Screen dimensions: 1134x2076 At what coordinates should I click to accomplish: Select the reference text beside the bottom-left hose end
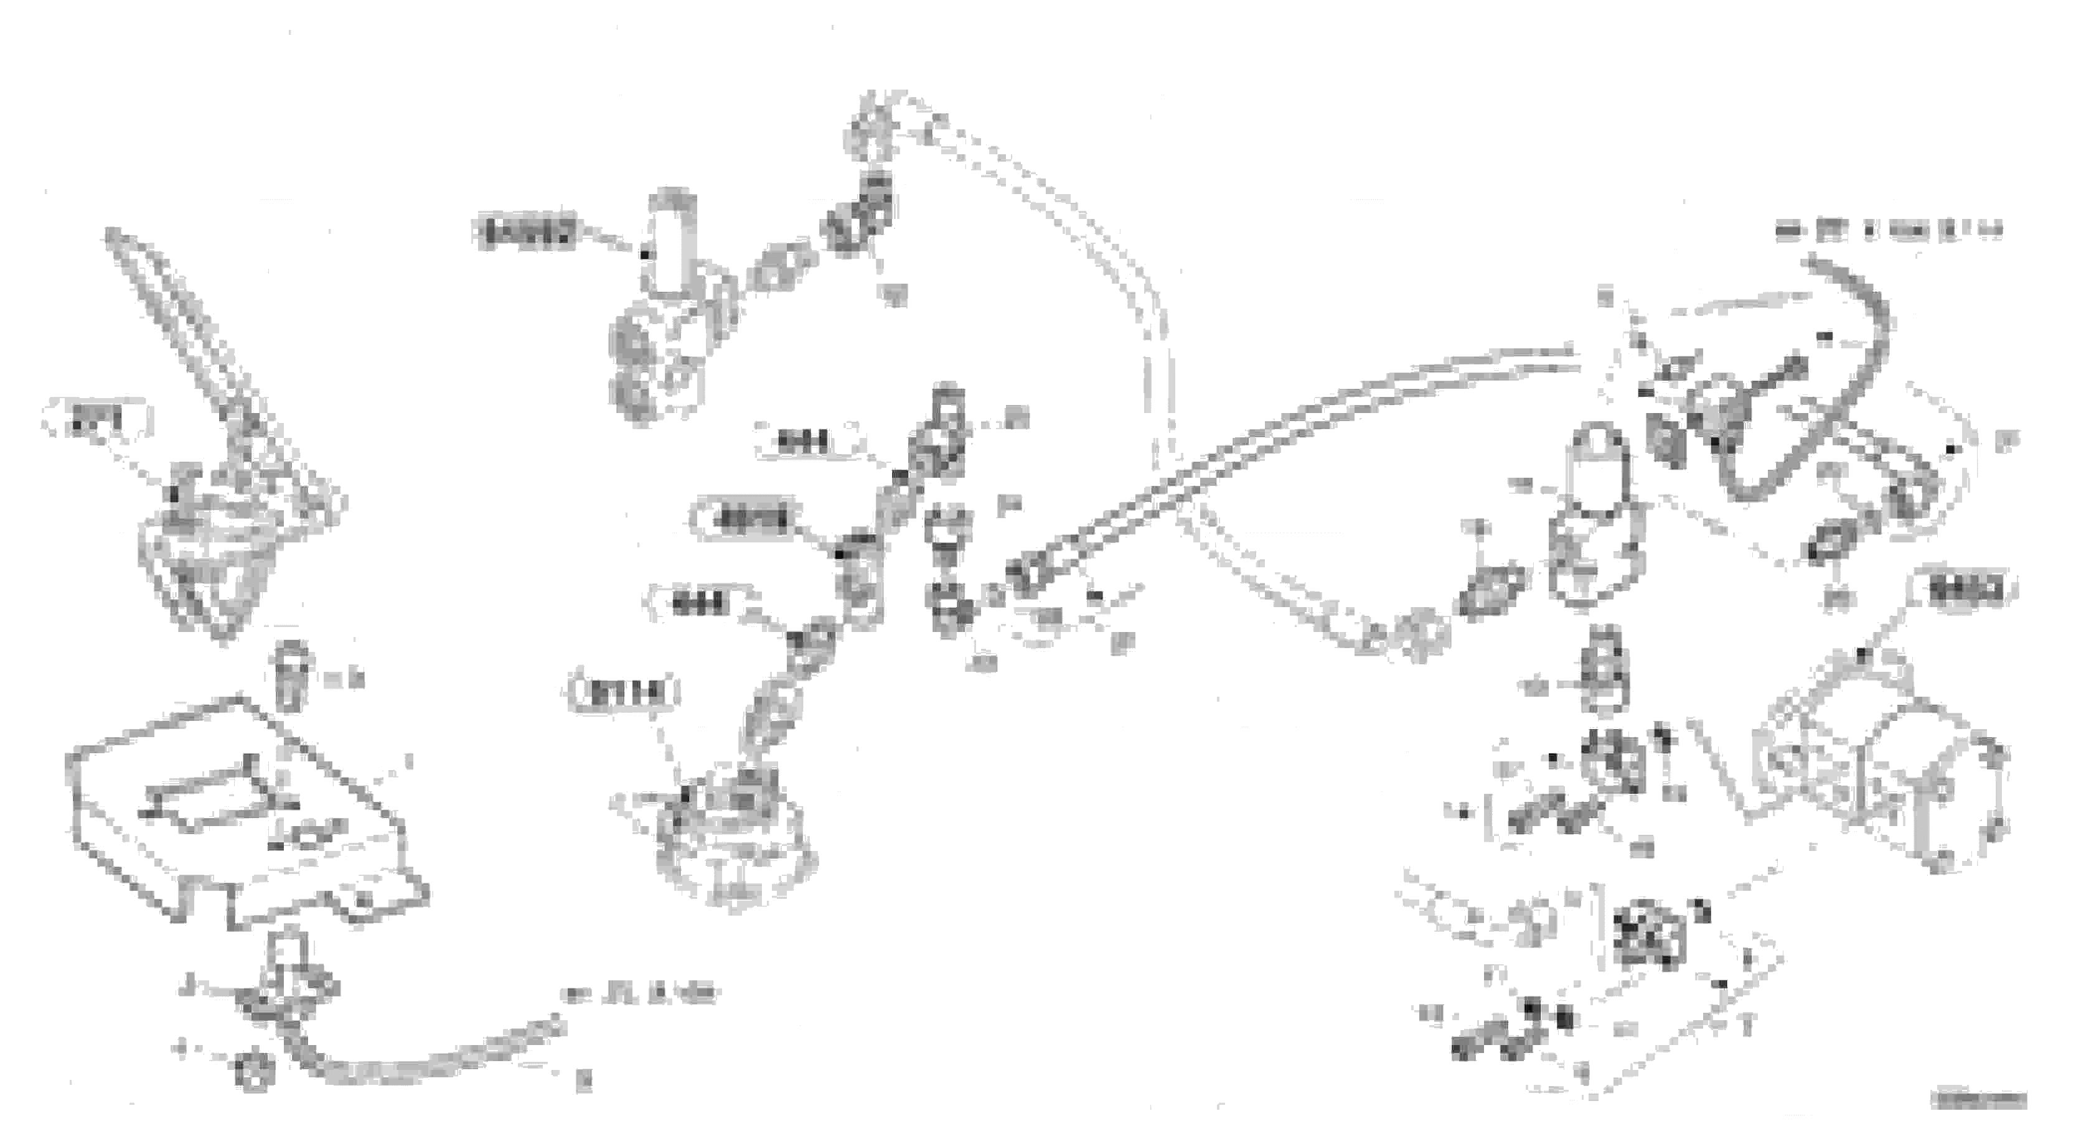coord(641,995)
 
